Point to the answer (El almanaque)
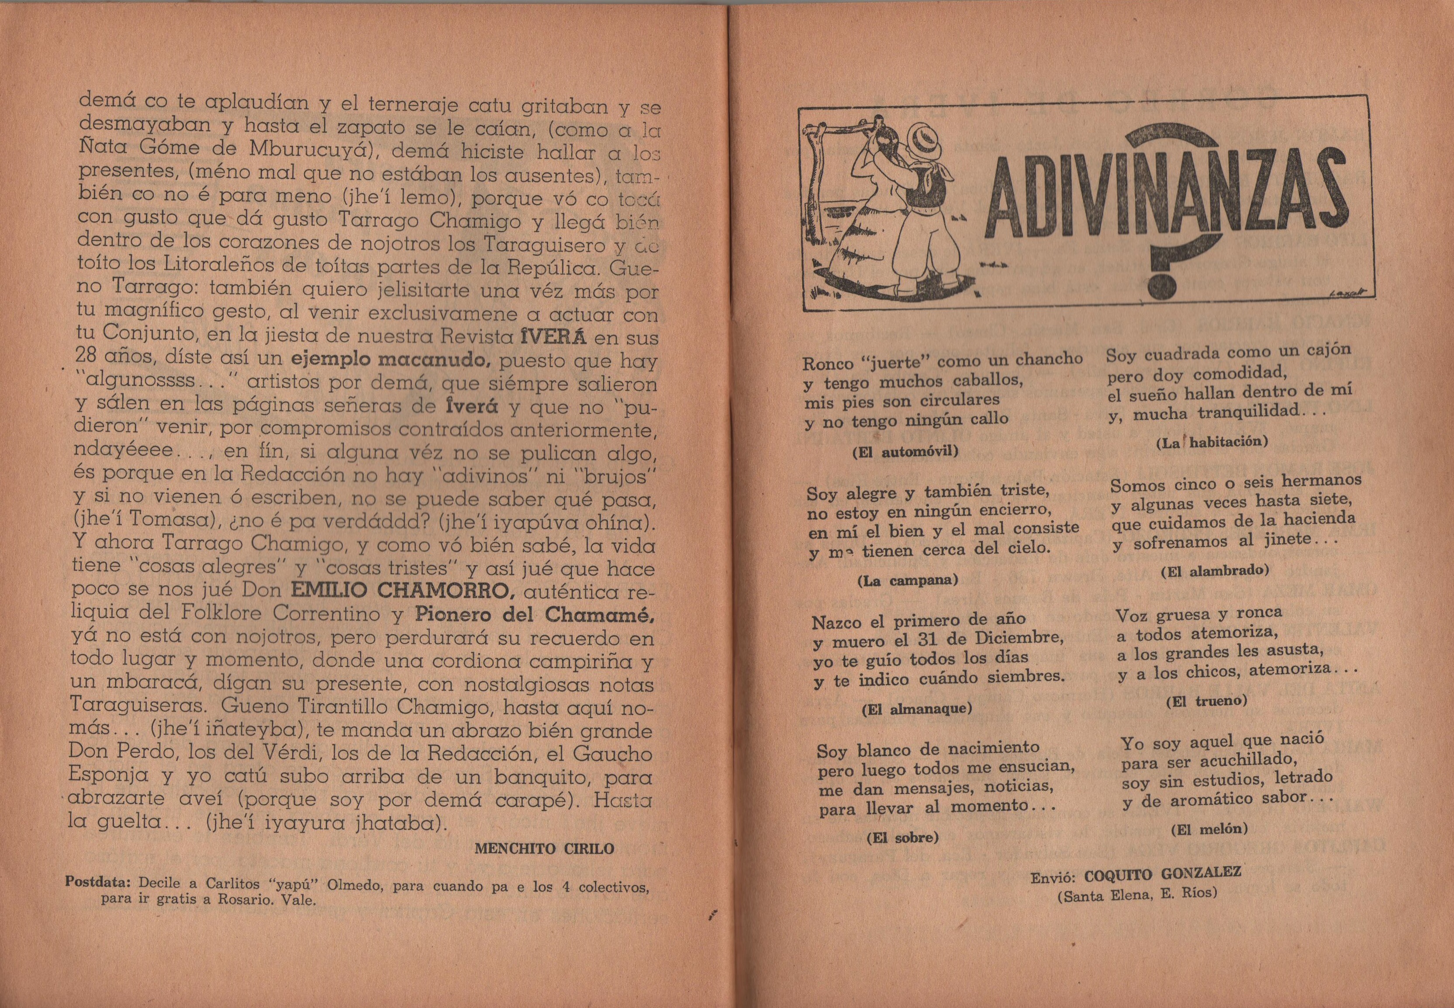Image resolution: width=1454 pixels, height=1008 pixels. click(916, 709)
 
